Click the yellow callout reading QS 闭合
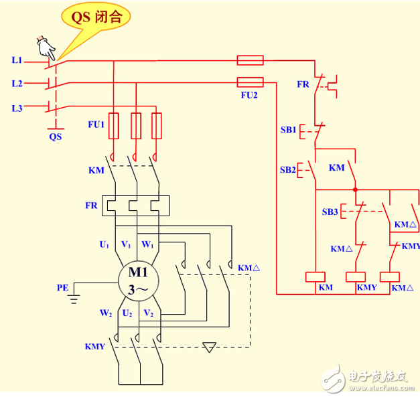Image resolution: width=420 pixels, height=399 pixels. pyautogui.click(x=93, y=17)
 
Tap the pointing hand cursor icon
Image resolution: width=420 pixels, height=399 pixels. pyautogui.click(x=47, y=47)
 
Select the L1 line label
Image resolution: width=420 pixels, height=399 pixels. pyautogui.click(x=17, y=60)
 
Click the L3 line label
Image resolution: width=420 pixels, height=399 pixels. pyautogui.click(x=17, y=108)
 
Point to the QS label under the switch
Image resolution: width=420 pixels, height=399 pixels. pyautogui.click(x=55, y=137)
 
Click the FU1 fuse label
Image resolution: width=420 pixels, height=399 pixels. pyautogui.click(x=96, y=125)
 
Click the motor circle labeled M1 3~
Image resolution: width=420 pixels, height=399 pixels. pyautogui.click(x=137, y=281)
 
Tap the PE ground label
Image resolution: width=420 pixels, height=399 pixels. pyautogui.click(x=62, y=288)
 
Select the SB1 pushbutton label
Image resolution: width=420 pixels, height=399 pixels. pyautogui.click(x=288, y=129)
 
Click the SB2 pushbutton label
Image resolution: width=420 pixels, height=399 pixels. pyautogui.click(x=288, y=169)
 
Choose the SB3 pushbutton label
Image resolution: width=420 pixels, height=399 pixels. pyautogui.click(x=330, y=212)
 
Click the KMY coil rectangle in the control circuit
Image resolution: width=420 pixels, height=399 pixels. pyautogui.click(x=355, y=276)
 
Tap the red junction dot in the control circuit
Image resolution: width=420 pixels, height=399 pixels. pyautogui.click(x=354, y=189)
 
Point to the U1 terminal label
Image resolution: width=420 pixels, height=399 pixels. pyautogui.click(x=104, y=245)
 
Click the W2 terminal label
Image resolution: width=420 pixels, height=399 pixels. pyautogui.click(x=106, y=313)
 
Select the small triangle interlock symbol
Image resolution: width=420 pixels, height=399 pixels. pyautogui.click(x=210, y=347)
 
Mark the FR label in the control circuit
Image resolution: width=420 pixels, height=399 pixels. pyautogui.click(x=303, y=84)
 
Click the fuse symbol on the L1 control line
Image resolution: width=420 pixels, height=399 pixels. pyautogui.click(x=251, y=61)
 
